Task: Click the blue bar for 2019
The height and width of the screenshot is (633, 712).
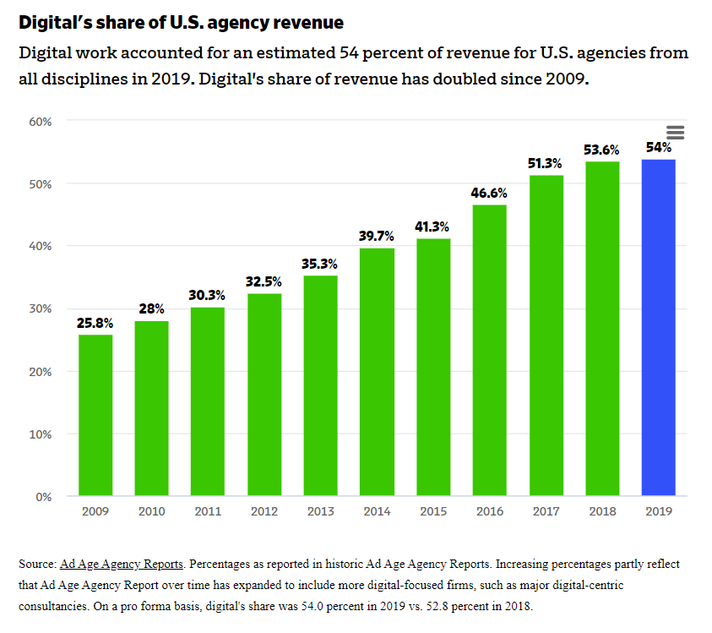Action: [x=658, y=327]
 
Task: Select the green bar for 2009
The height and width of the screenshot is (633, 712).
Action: [x=95, y=415]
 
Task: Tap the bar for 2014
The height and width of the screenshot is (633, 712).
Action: [x=377, y=372]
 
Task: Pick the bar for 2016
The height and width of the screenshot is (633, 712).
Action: [x=489, y=350]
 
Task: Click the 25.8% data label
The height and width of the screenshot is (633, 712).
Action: [x=95, y=323]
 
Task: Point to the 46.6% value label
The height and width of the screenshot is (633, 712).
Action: [x=489, y=193]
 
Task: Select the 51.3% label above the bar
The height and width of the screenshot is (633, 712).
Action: [x=546, y=163]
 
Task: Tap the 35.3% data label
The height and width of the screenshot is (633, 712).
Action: [x=320, y=264]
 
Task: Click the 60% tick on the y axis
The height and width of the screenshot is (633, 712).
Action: [x=41, y=122]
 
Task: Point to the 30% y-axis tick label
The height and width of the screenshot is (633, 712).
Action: [x=41, y=309]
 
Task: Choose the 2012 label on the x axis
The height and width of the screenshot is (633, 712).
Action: [x=264, y=511]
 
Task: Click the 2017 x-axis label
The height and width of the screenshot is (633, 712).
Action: [x=546, y=511]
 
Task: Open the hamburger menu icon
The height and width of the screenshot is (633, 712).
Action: [x=675, y=133]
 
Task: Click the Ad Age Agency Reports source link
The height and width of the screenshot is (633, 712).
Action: [x=122, y=564]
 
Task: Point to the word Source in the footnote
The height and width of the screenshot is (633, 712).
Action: [x=36, y=564]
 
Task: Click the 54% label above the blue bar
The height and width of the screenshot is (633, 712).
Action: [x=658, y=147]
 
